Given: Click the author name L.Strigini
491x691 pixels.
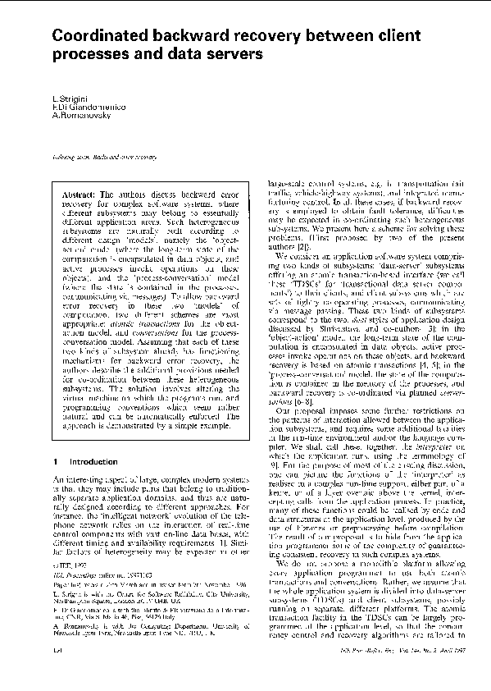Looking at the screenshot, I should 68,99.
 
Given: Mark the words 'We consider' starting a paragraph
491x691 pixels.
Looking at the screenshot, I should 294,255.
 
